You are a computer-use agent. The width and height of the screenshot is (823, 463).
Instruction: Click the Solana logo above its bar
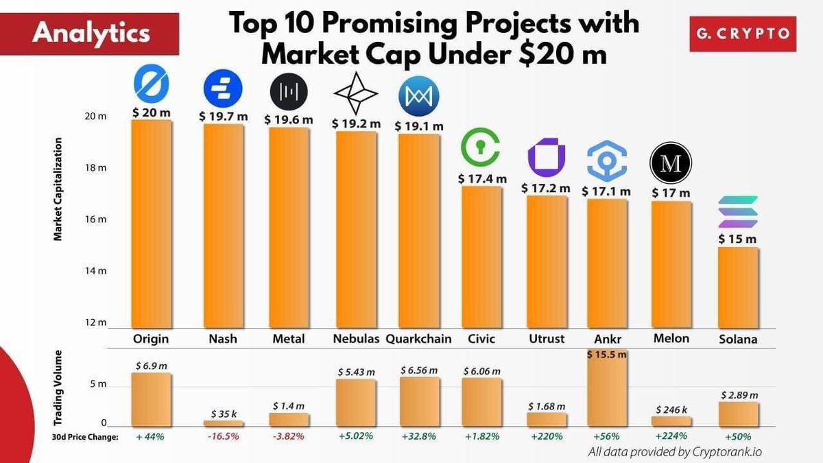click(x=738, y=212)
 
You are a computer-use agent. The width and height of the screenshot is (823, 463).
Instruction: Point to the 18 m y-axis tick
click(x=96, y=168)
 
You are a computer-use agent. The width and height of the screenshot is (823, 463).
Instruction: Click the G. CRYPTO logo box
click(x=742, y=32)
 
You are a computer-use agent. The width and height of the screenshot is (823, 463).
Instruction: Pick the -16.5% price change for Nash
click(x=223, y=437)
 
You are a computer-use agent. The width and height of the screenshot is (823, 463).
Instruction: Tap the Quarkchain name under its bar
click(x=418, y=339)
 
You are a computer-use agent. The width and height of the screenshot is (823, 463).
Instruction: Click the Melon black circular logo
click(x=671, y=163)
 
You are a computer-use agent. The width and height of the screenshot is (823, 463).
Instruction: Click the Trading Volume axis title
click(x=59, y=389)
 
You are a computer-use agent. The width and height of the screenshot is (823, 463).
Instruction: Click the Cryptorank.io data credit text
click(x=675, y=452)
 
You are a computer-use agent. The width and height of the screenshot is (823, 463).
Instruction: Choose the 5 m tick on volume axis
click(x=98, y=384)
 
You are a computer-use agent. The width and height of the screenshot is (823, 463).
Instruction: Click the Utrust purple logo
click(x=546, y=156)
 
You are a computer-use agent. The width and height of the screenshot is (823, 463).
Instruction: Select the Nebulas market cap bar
click(x=355, y=230)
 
